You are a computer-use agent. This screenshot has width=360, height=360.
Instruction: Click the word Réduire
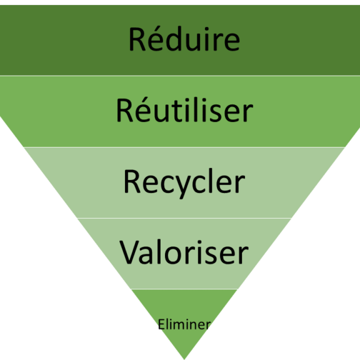(184, 39)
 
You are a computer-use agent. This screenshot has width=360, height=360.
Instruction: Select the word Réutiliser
(185, 110)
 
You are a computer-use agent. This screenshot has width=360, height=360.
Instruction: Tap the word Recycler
(184, 184)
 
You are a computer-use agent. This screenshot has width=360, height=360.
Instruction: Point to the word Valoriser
(184, 252)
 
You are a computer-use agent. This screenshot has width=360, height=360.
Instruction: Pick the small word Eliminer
(184, 324)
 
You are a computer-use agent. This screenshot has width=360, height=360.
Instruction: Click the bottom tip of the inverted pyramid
(184, 359)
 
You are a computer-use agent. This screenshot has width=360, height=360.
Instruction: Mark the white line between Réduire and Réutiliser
(180, 76)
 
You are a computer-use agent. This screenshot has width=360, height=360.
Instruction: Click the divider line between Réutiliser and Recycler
(184, 147)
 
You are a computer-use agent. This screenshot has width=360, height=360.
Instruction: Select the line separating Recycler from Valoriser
(184, 218)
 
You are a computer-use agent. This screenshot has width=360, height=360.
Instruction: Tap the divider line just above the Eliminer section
(184, 289)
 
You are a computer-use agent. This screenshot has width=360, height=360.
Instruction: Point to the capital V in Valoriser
(129, 252)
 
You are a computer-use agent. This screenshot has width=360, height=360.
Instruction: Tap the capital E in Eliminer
(161, 324)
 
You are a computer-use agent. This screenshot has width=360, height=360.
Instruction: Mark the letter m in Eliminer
(181, 326)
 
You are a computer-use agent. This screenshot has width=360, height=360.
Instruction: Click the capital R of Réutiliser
(124, 110)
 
